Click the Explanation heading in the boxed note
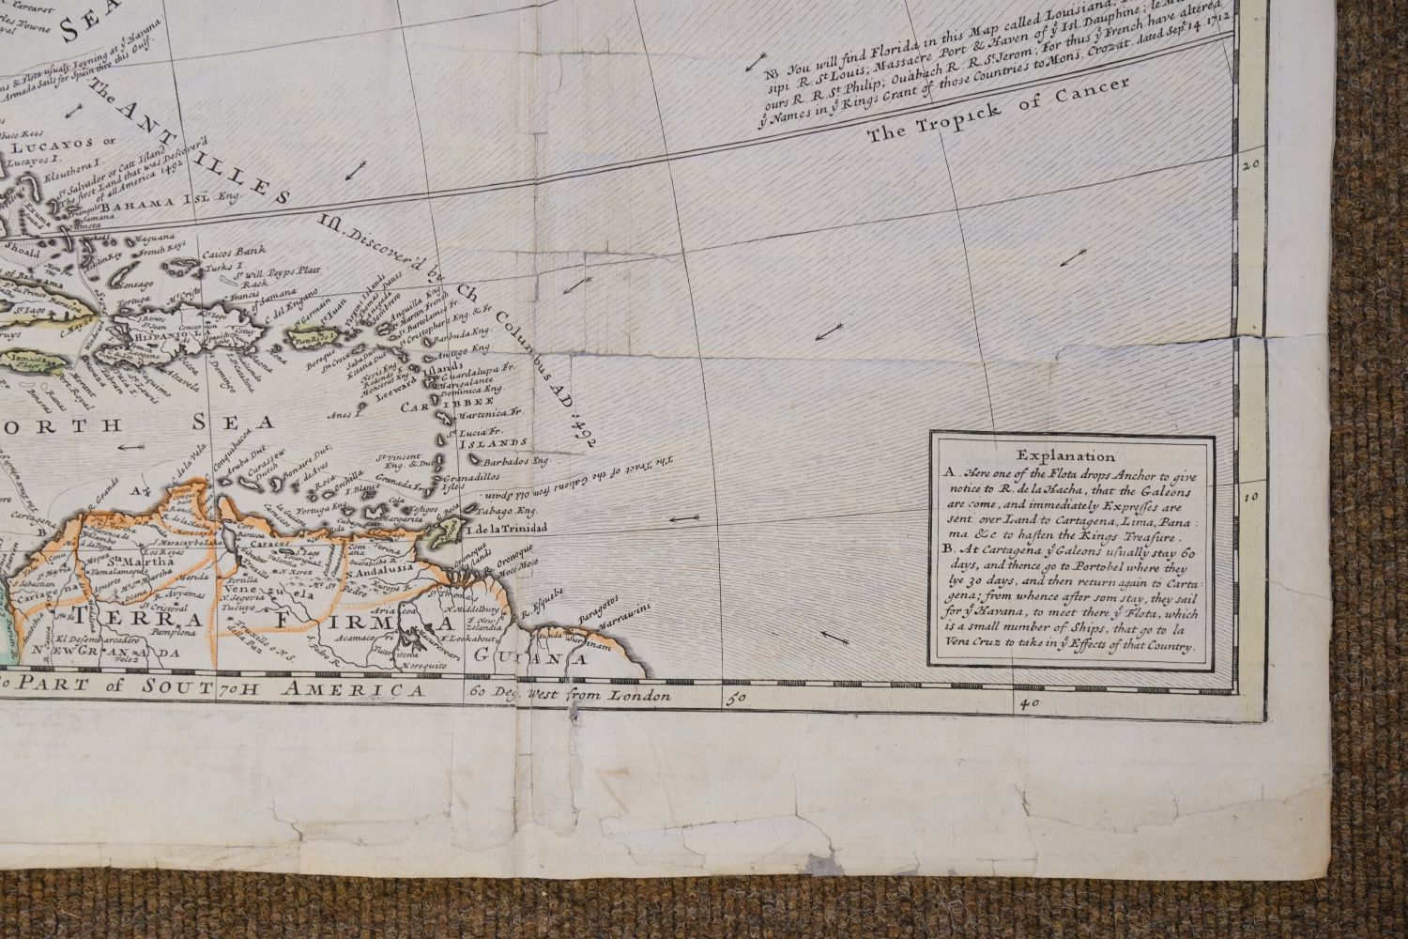(x=1076, y=457)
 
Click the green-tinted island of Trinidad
(x=441, y=532)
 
